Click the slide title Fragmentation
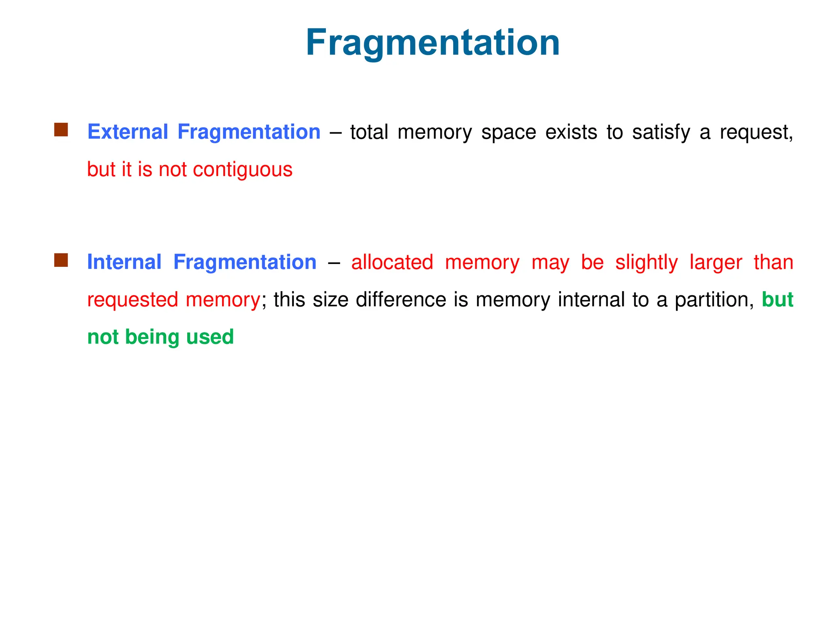(432, 43)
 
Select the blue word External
(128, 132)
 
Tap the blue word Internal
(124, 262)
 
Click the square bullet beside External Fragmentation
(61, 130)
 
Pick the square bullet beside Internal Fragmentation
(61, 260)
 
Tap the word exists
(571, 132)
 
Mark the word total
(369, 132)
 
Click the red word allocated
(392, 262)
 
